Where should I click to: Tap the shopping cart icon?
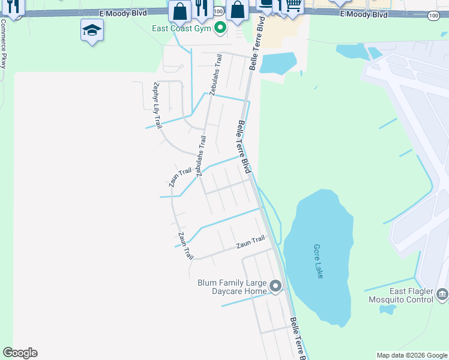pos(293,5)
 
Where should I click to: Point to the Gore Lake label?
pos(319,260)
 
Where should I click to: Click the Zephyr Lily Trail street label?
pos(158,105)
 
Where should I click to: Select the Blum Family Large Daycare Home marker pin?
pos(276,286)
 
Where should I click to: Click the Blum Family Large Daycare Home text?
pos(231,287)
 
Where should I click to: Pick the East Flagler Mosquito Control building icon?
pos(442,294)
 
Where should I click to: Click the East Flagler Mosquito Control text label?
pos(399,295)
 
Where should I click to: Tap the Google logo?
pos(20,353)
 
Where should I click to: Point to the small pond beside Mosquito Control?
pos(388,310)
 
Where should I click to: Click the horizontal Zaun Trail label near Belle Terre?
pos(250,242)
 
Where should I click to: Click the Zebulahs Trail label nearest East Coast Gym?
pos(215,75)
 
